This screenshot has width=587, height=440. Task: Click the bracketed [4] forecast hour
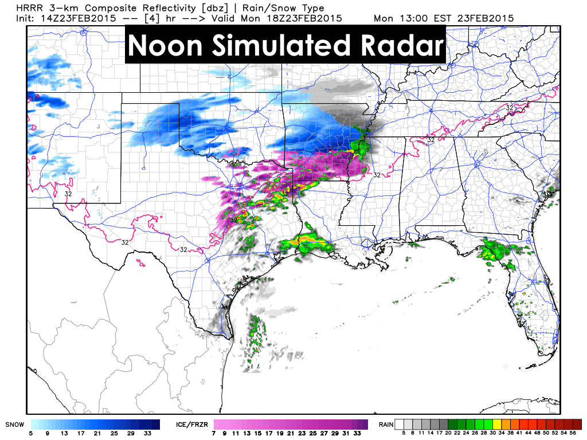[143, 18]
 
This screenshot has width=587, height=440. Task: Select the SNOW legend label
[14, 425]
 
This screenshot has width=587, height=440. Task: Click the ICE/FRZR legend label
[191, 425]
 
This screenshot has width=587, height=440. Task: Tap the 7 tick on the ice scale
[216, 434]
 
